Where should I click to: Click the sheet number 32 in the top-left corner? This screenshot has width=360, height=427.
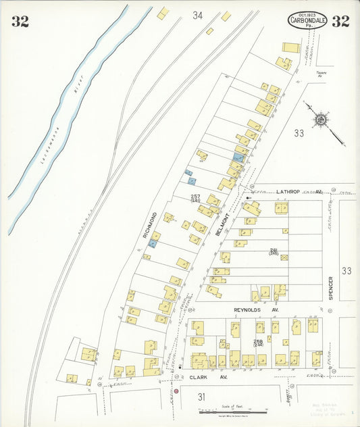(x=20, y=21)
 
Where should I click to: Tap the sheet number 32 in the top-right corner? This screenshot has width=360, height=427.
(x=340, y=21)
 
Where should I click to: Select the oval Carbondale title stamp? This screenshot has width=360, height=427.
(x=307, y=21)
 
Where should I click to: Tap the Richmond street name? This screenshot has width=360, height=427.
(x=150, y=226)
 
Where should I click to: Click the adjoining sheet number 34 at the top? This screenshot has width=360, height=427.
(x=197, y=15)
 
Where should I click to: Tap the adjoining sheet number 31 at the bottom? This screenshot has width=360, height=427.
(x=201, y=397)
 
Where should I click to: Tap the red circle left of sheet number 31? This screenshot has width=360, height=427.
(x=176, y=391)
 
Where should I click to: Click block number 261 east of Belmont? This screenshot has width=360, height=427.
(x=274, y=251)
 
